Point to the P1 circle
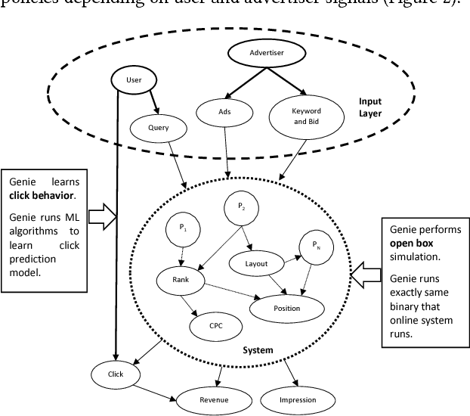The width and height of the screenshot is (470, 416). [x=183, y=228]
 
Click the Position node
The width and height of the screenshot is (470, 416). [x=286, y=308]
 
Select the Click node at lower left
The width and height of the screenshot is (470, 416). [x=113, y=374]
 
